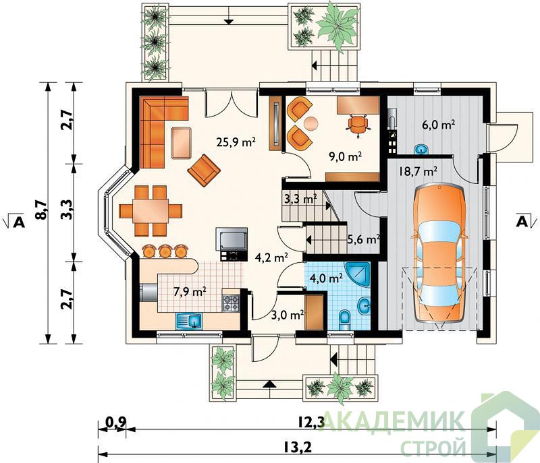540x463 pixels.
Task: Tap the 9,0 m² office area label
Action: click(345, 157)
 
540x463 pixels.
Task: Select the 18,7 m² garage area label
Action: click(418, 171)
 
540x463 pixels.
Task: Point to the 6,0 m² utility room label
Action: click(438, 125)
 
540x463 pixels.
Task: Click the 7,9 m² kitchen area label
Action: click(190, 292)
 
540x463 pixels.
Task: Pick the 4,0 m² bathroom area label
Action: click(326, 278)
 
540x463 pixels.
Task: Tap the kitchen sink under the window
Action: click(189, 321)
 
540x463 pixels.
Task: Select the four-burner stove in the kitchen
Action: click(231, 303)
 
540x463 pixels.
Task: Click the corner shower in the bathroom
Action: click(359, 274)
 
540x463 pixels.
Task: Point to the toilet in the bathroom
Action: click(344, 319)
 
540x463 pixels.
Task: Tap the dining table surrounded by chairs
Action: click(151, 211)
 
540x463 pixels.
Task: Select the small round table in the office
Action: click(311, 123)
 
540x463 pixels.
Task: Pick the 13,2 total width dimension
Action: click(298, 447)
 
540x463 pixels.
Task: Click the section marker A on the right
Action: click(522, 222)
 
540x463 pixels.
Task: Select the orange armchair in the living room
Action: click(204, 170)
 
